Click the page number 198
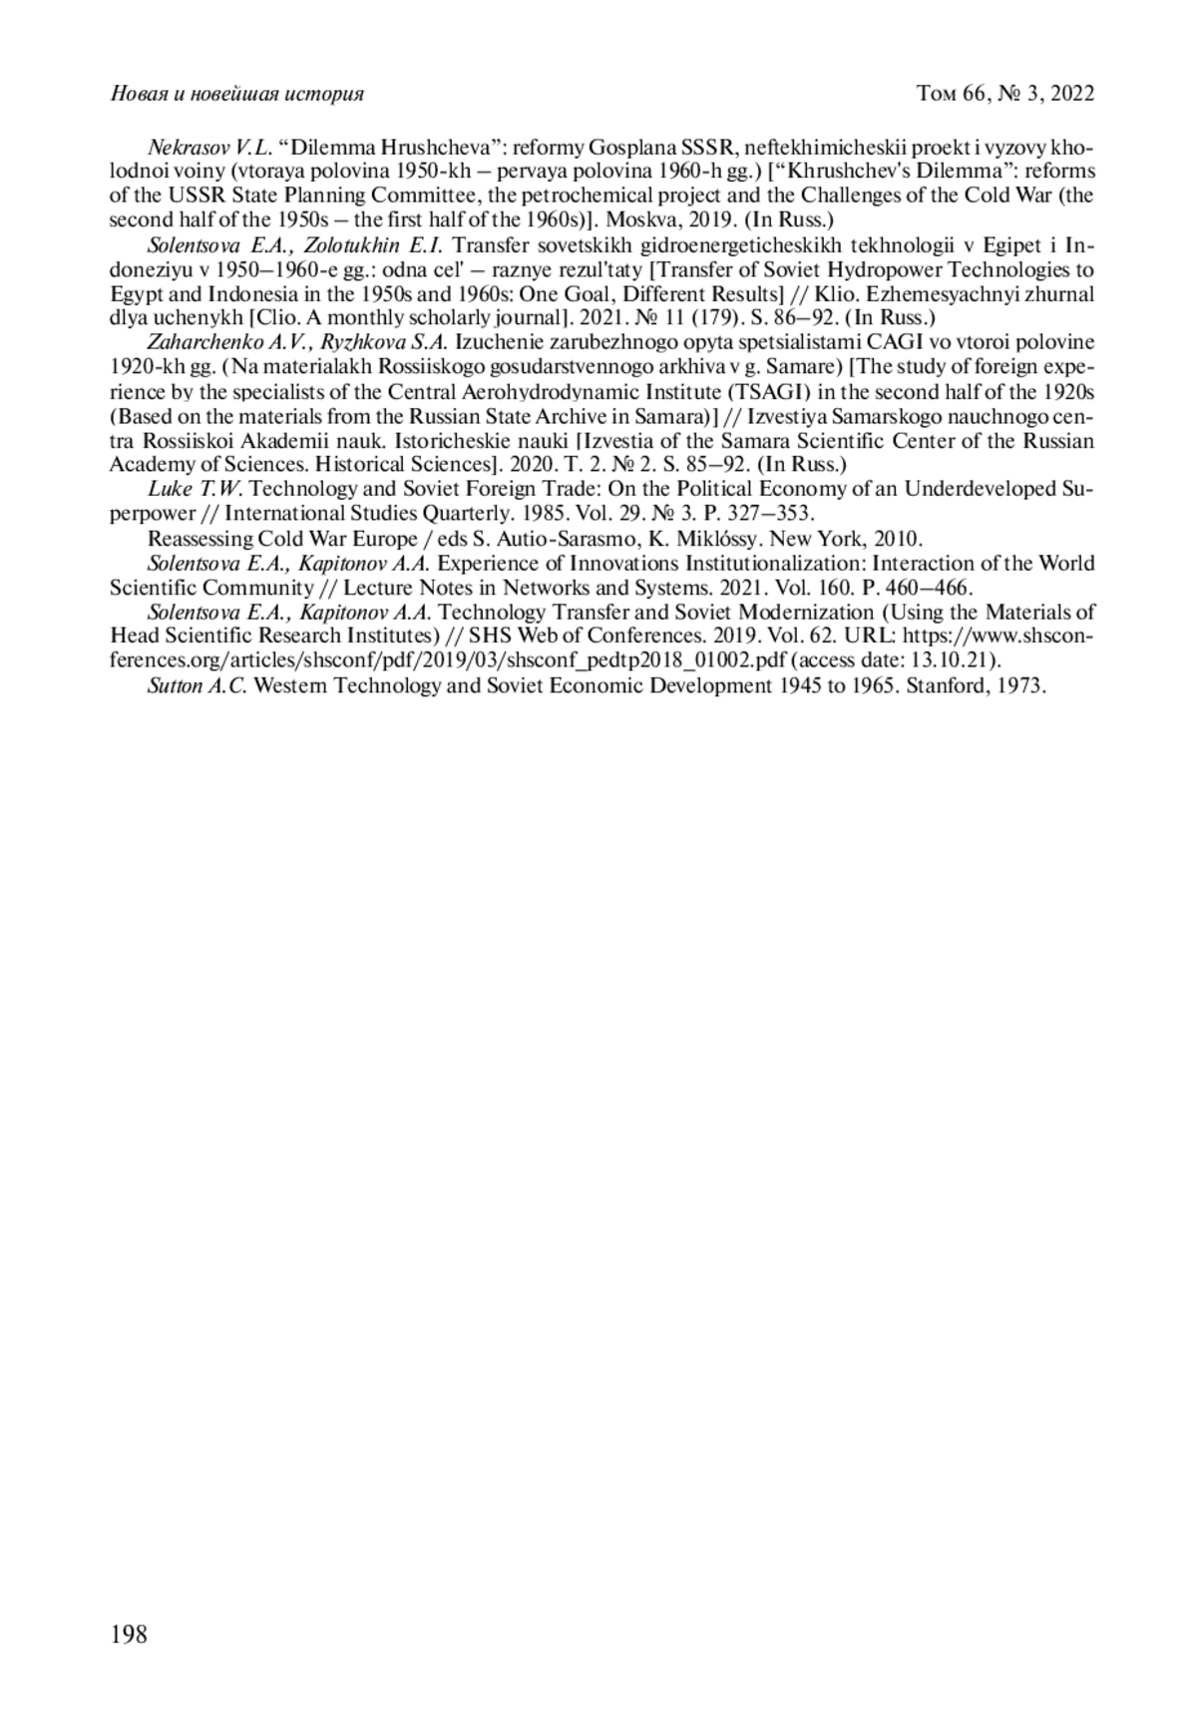point(129,1634)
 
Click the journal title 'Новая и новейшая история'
point(236,94)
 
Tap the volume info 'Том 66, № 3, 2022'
point(1005,94)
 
